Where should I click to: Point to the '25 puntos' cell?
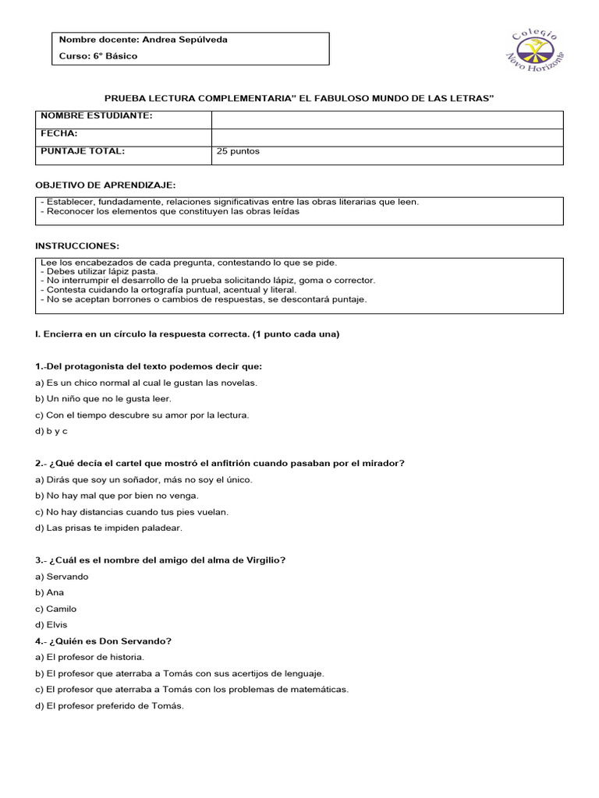239,151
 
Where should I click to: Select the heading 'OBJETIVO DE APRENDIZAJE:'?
106,185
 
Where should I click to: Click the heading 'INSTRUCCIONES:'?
78,245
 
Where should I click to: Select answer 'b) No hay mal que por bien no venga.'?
117,495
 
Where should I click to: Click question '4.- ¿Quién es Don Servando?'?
104,641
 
